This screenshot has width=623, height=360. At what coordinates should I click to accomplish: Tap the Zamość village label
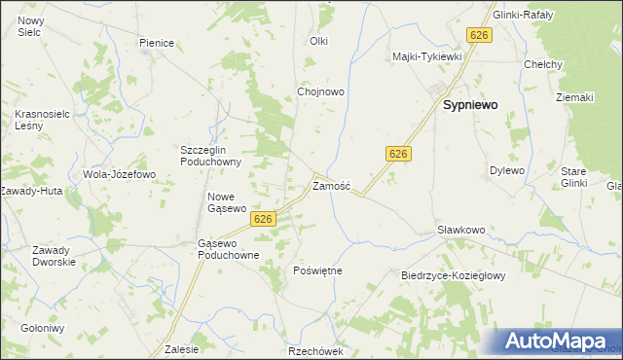(331, 185)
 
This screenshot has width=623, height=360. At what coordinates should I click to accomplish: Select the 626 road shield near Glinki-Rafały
(478, 35)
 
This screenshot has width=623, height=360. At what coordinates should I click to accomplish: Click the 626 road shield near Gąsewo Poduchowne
(261, 220)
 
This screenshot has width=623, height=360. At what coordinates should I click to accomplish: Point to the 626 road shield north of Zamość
(396, 154)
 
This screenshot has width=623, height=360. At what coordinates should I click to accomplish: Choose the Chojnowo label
(321, 92)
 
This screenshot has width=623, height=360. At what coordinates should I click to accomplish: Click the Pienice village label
(156, 43)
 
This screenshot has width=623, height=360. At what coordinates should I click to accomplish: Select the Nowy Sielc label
(31, 26)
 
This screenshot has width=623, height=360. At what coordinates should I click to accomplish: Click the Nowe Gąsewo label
(227, 202)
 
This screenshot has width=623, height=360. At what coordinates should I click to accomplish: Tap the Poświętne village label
(317, 270)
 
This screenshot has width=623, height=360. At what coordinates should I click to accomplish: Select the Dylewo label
(506, 170)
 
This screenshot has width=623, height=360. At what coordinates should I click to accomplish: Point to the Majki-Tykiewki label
(426, 56)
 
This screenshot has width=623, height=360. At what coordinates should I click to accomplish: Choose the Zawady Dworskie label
(55, 256)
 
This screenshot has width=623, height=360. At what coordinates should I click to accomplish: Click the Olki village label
(319, 41)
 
